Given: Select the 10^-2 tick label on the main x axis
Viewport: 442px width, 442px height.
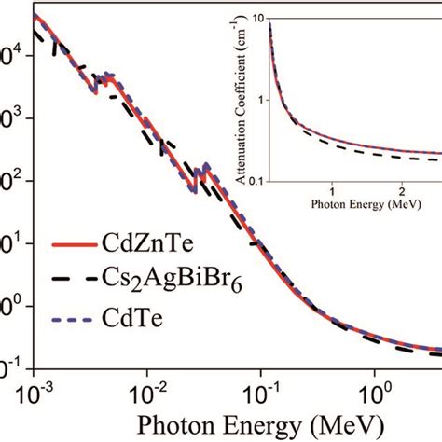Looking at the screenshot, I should point(150,383).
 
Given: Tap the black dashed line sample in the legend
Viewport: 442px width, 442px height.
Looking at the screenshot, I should point(70,283).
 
